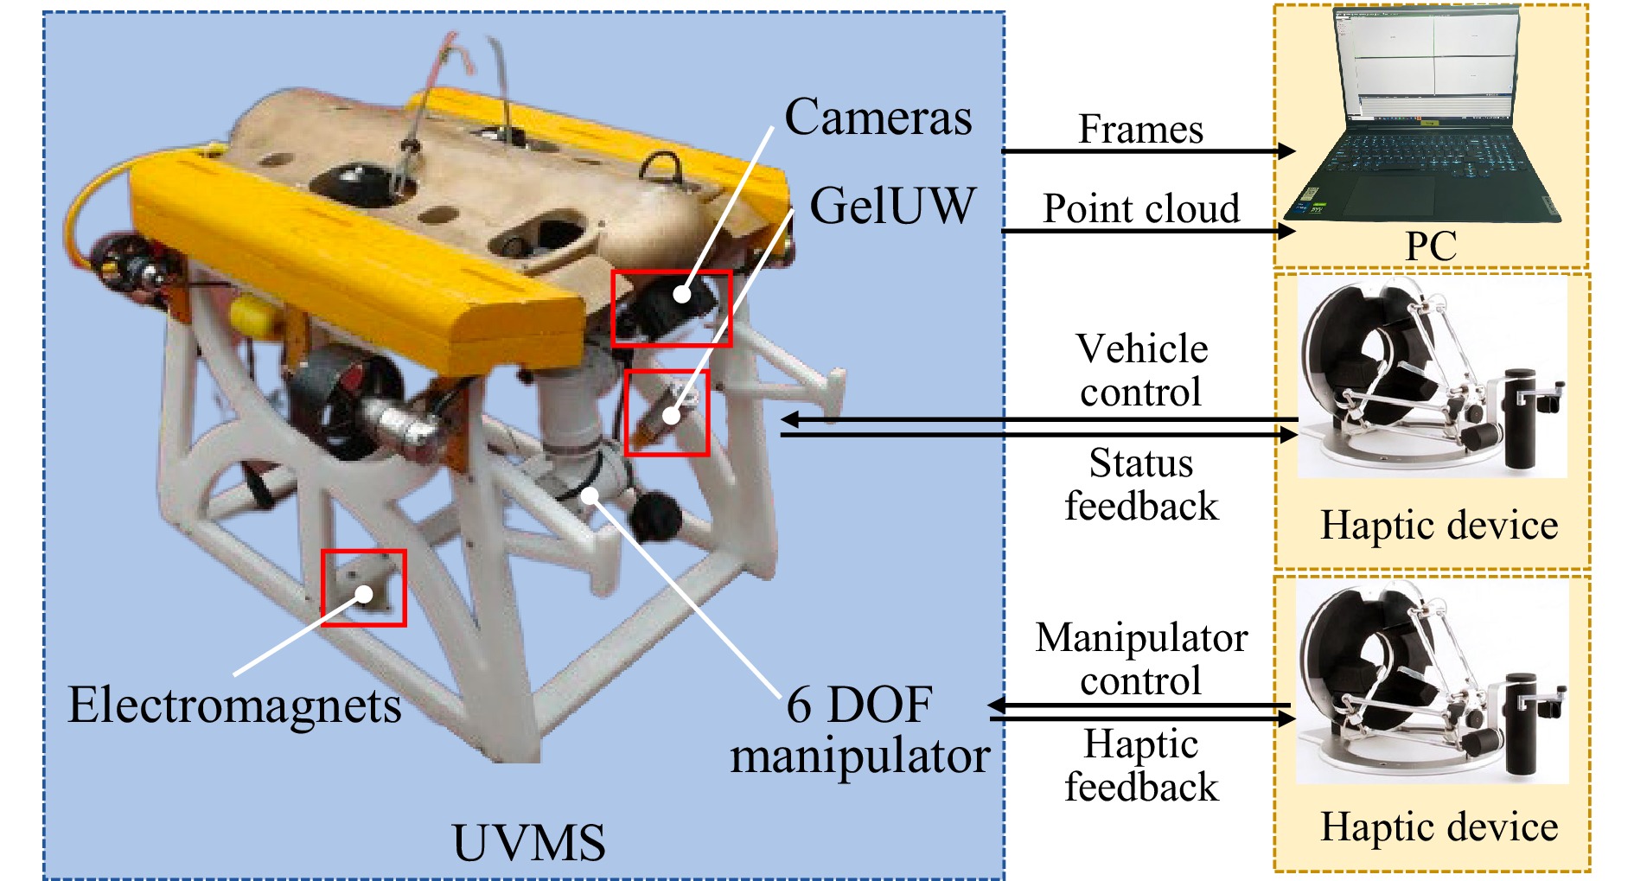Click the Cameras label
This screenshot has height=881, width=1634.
878,118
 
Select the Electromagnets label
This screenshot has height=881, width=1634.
234,705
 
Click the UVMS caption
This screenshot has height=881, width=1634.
528,843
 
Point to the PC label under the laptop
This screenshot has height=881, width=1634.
1430,246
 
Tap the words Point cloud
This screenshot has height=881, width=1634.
1140,208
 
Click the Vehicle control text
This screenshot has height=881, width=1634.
1141,371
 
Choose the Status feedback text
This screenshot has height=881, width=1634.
1141,484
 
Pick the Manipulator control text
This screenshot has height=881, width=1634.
1141,659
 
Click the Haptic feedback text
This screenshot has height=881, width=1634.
1141,765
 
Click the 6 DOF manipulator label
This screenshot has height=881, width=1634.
859,730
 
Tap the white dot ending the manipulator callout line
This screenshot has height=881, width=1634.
590,495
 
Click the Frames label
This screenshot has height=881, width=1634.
1140,130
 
